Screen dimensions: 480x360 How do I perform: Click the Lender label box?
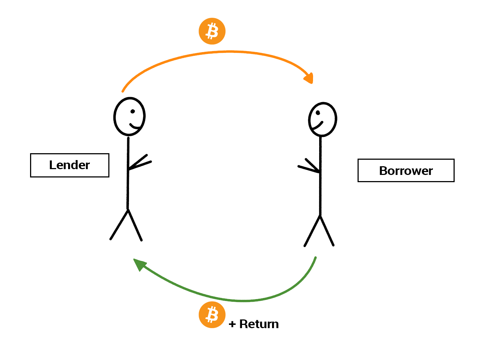tap(70, 165)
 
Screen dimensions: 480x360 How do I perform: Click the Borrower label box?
tap(406, 170)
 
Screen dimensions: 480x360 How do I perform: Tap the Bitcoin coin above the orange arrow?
tap(212, 31)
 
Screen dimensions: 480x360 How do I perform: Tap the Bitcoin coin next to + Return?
tap(212, 315)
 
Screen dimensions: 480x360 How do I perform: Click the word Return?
tap(259, 324)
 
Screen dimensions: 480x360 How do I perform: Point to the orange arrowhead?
tap(309, 78)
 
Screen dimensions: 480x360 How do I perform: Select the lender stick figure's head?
tap(129, 116)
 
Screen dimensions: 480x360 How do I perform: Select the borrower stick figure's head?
tap(322, 120)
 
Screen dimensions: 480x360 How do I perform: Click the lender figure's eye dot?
tap(133, 111)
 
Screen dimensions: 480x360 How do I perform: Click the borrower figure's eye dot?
tap(318, 113)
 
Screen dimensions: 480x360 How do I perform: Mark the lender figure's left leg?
tap(119, 225)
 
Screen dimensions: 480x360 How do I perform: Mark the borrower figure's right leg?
tap(327, 231)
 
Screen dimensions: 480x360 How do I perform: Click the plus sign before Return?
tap(232, 324)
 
